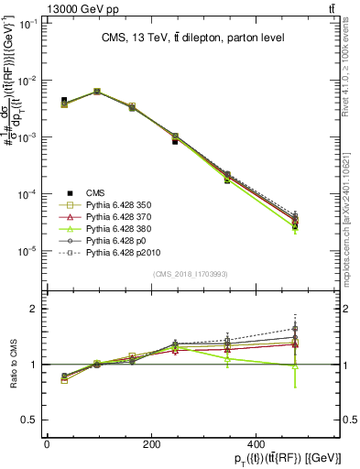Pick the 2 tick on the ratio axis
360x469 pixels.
point(33,309)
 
